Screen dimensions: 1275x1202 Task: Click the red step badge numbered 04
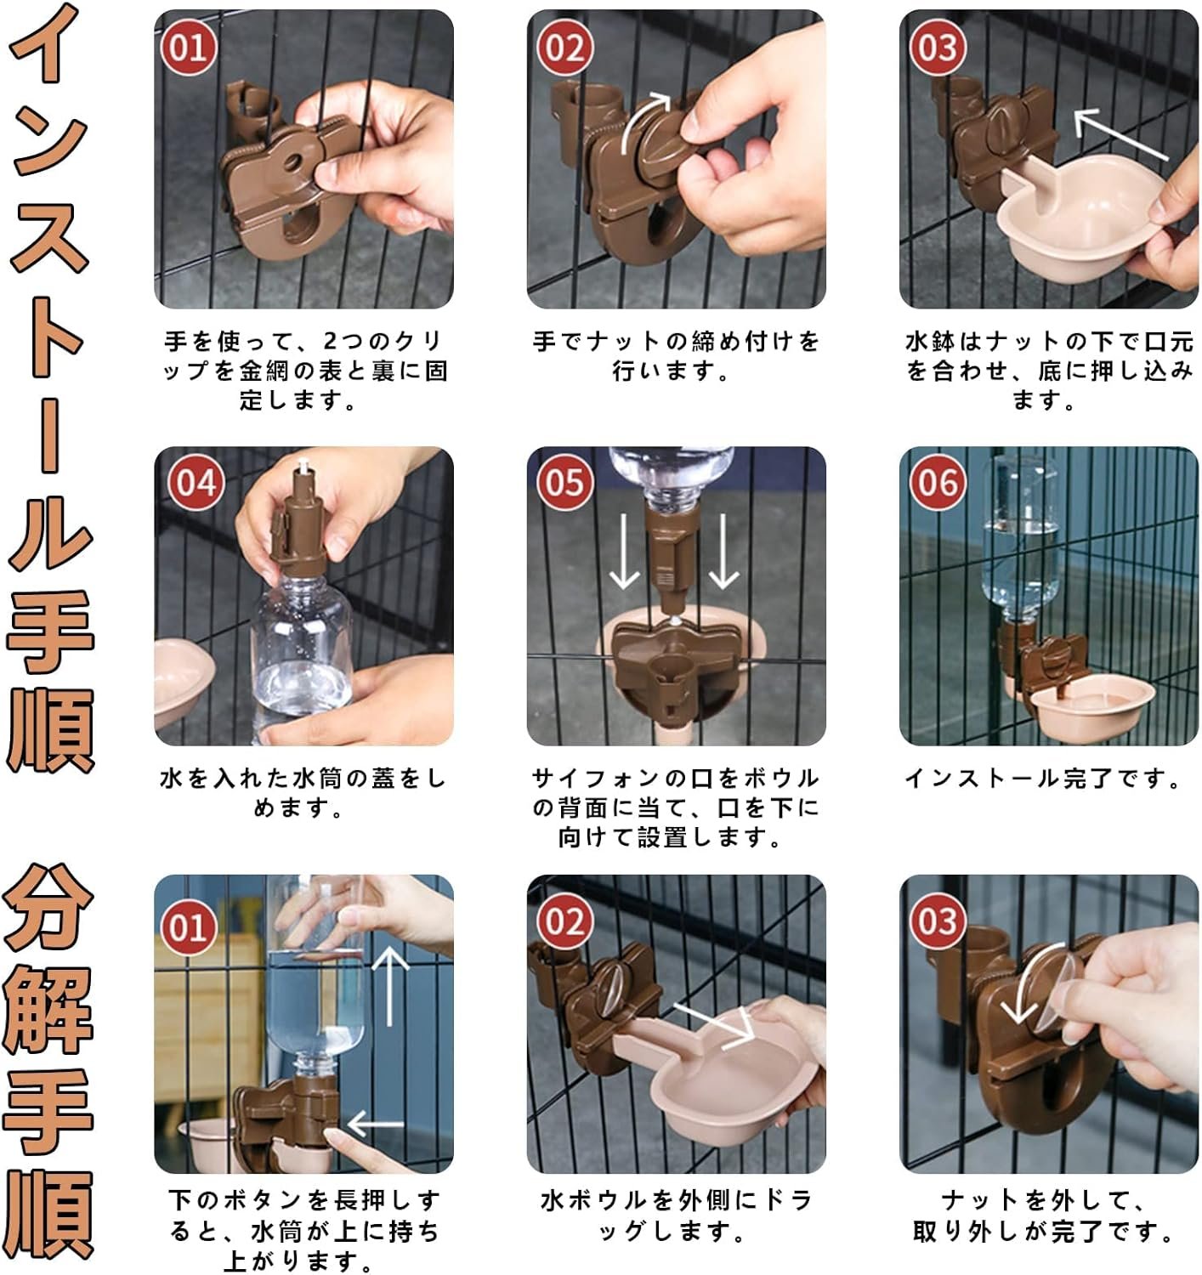[196, 483]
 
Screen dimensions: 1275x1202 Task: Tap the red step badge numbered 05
[565, 483]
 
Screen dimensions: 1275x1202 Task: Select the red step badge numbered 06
[938, 483]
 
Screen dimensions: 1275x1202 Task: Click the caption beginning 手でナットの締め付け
[676, 355]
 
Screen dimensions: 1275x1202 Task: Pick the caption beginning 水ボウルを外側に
[676, 1215]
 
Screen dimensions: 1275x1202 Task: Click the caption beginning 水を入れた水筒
[303, 793]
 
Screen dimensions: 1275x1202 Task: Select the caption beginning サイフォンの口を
[676, 807]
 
